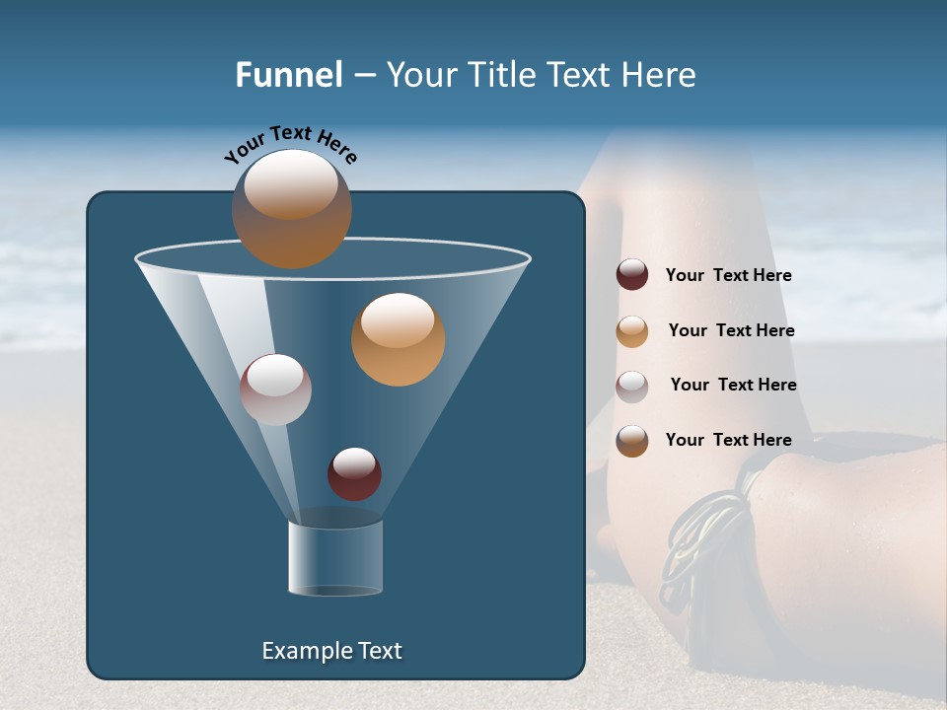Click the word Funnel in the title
pyautogui.click(x=289, y=75)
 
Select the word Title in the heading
pyautogui.click(x=503, y=75)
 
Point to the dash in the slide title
pyautogui.click(x=364, y=76)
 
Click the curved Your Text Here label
pyautogui.click(x=290, y=145)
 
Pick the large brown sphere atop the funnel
pyautogui.click(x=291, y=208)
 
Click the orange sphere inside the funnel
pyautogui.click(x=398, y=338)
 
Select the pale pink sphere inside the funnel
pyautogui.click(x=275, y=389)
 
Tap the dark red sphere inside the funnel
pyautogui.click(x=354, y=473)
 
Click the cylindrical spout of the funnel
pyautogui.click(x=335, y=558)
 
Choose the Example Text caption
pyautogui.click(x=331, y=651)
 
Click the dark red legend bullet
pyautogui.click(x=632, y=275)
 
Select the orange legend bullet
pyautogui.click(x=632, y=330)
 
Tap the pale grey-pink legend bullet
pyautogui.click(x=632, y=386)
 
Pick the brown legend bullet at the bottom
pyautogui.click(x=632, y=440)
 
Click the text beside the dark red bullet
pyautogui.click(x=728, y=276)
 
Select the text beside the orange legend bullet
pyautogui.click(x=731, y=331)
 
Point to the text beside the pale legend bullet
pyautogui.click(x=733, y=386)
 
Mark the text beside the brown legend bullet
pyautogui.click(x=728, y=440)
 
